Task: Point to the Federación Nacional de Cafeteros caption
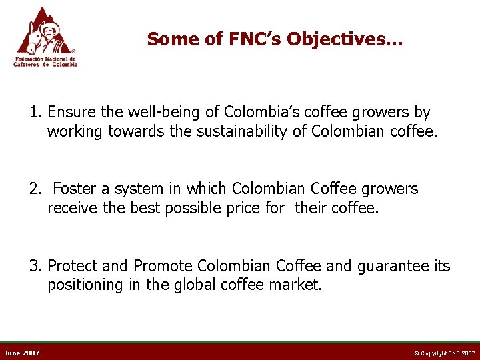[x=46, y=61]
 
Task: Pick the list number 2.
[x=35, y=189]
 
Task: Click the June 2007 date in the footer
[x=22, y=353]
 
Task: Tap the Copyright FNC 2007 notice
[x=443, y=353]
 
